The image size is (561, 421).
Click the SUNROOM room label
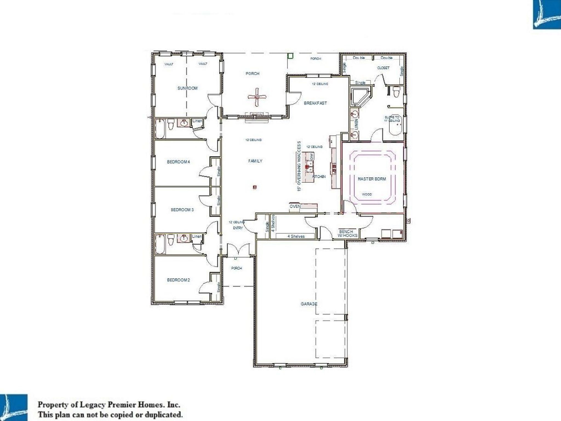click(187, 88)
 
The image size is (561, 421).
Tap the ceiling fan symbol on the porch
click(257, 97)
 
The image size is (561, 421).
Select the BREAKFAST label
click(315, 103)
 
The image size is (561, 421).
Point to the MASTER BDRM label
click(372, 179)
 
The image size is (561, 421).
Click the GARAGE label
click(309, 304)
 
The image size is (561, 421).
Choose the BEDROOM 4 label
click(178, 162)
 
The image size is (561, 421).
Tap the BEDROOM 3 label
click(182, 210)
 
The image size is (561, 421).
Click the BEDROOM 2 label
click(178, 280)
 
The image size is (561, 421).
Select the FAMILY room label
click(255, 161)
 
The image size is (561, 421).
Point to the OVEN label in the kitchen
click(295, 206)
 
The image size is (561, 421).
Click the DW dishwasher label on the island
click(311, 157)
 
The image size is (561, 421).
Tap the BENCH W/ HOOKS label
click(347, 234)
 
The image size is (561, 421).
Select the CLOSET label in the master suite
click(383, 68)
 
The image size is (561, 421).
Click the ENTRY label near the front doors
click(238, 228)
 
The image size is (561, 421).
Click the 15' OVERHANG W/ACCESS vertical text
click(299, 166)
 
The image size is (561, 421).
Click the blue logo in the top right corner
click(547, 14)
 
